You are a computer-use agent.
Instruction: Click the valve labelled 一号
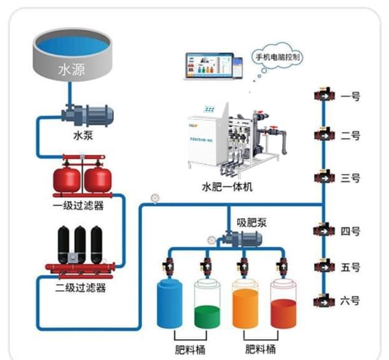coord(323,97)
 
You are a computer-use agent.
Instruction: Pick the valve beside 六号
coord(323,300)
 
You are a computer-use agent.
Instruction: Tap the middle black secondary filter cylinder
coord(80,243)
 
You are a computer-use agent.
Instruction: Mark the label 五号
coord(350,267)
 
